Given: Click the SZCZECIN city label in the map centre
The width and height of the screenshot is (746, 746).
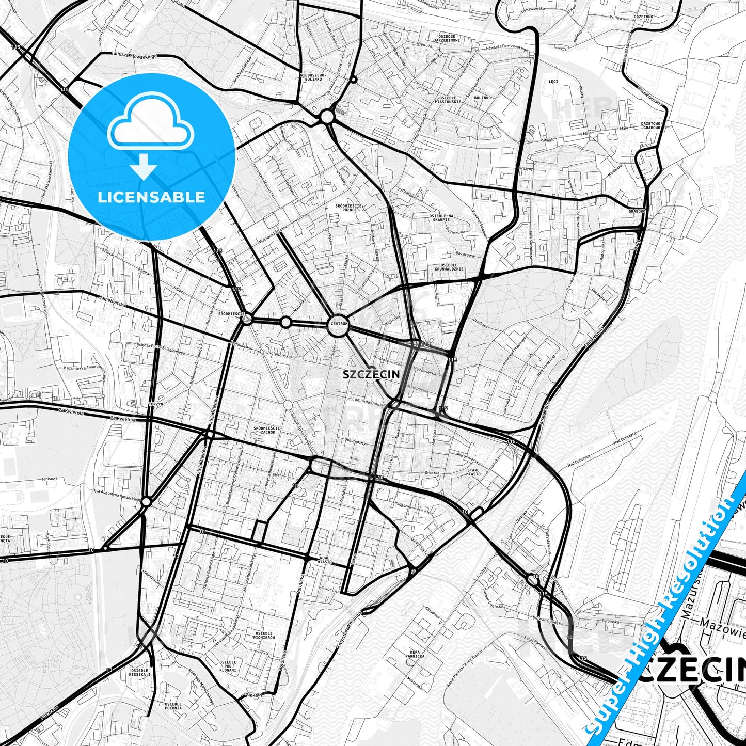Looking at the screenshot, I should coord(371,375).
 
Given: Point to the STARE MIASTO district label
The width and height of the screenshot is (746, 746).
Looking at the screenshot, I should coord(473,472).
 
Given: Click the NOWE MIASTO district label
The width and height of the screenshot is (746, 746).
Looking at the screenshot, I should coord(326,560).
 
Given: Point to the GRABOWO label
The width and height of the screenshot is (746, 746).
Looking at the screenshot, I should coord(637,211).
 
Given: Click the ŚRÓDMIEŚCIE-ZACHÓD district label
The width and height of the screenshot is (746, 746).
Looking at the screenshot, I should coord(267,430).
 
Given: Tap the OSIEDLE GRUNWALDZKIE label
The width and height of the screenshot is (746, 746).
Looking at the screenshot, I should coord(449,267).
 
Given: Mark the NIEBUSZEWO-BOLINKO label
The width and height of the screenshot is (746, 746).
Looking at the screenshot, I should coord(312,77).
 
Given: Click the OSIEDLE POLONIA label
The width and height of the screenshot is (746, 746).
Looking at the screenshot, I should coord(173,706).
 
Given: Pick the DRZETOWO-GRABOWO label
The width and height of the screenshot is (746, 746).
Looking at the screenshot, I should coord(651,125).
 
